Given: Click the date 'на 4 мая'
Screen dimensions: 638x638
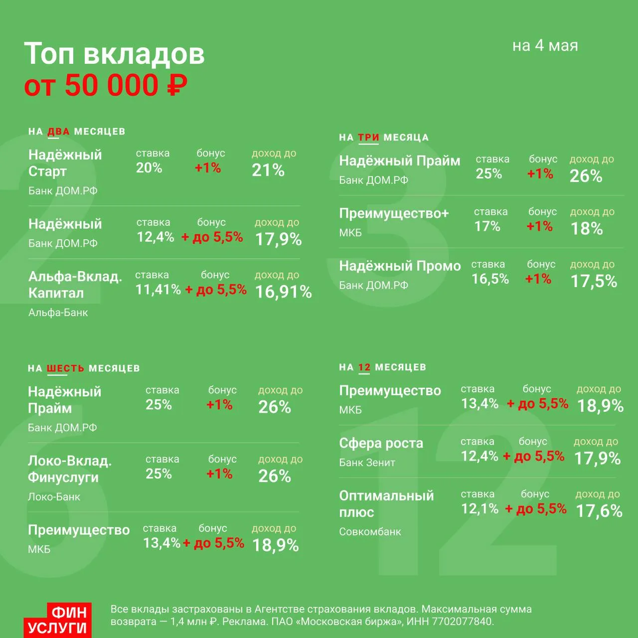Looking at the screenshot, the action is tap(545, 46).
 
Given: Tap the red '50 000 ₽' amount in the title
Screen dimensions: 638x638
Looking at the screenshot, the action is tap(126, 85).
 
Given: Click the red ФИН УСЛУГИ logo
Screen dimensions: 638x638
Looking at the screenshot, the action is tap(58, 620).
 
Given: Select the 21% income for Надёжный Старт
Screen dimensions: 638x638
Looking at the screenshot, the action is tap(268, 170).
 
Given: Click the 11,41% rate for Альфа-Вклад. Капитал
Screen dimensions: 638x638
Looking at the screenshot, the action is tap(158, 290).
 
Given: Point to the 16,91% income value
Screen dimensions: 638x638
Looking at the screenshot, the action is tap(284, 292).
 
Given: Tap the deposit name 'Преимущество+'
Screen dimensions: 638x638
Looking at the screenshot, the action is tap(394, 213).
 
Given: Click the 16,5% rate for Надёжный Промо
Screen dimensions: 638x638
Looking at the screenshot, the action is tap(490, 279).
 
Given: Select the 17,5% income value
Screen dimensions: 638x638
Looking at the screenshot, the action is tap(594, 281).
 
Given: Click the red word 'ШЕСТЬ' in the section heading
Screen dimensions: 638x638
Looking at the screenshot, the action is tap(65, 368).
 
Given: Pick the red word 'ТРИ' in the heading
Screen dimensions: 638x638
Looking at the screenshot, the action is tap(368, 138).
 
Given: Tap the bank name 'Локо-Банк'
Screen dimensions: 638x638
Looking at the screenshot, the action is tap(54, 496).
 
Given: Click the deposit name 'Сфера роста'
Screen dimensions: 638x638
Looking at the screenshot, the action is tap(381, 443).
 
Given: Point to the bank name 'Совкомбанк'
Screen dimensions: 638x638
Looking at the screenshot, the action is tap(370, 532).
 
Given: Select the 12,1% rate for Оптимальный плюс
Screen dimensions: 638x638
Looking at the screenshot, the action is tap(479, 508).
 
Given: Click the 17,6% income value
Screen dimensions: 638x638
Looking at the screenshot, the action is tap(599, 511).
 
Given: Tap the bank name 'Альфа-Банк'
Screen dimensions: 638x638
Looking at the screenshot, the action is tap(58, 313).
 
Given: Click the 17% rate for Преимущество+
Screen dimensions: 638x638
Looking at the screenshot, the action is tap(487, 226).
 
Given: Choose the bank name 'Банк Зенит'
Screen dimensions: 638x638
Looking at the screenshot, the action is tap(367, 462).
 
